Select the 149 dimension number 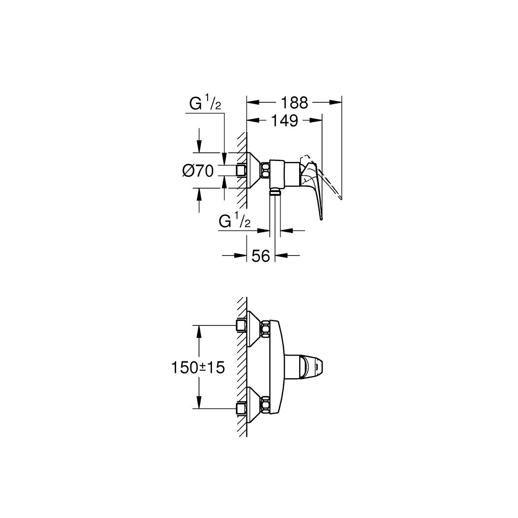pos(284,121)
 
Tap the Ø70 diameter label pos(198,171)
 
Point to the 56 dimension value pos(261,256)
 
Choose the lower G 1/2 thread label pos(235,219)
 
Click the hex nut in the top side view pos(266,171)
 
